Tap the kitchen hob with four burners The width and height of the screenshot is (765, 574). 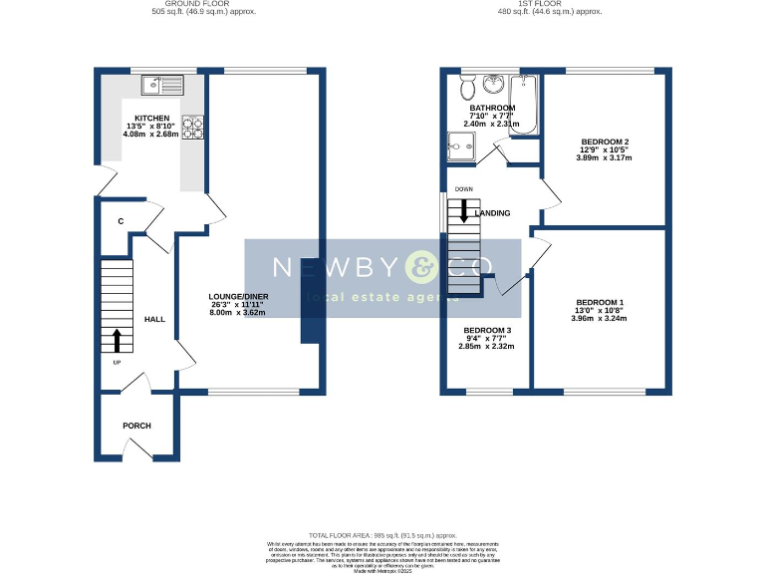(x=192, y=127)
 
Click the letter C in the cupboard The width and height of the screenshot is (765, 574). (x=121, y=221)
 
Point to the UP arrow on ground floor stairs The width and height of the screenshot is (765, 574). (x=117, y=341)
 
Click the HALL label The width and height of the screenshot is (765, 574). (x=154, y=319)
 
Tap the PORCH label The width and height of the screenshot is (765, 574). (x=136, y=426)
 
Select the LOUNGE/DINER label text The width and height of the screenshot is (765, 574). (x=238, y=296)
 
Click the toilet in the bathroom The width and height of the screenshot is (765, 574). (x=468, y=88)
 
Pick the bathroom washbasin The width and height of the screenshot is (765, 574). (x=492, y=84)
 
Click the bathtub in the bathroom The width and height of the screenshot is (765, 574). (x=523, y=105)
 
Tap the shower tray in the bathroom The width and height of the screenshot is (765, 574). (x=460, y=149)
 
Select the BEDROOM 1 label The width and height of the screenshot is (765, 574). (x=600, y=302)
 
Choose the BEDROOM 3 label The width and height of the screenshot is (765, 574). (x=486, y=330)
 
